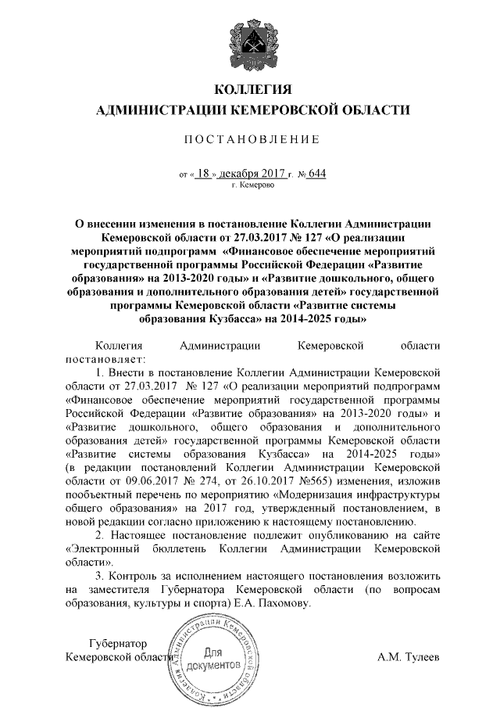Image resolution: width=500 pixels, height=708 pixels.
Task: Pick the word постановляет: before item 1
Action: (x=102, y=358)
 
